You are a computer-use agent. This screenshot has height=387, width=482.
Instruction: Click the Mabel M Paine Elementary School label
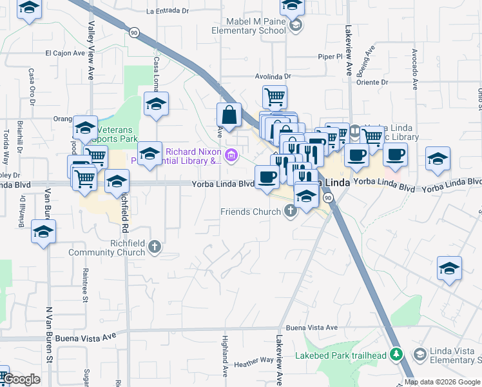250,25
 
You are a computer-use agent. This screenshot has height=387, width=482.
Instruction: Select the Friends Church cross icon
291,212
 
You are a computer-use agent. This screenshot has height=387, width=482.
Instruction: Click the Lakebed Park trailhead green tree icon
398,355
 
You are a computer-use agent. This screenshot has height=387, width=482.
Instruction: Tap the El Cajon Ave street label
65,54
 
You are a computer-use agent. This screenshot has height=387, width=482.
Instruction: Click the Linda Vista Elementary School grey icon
420,355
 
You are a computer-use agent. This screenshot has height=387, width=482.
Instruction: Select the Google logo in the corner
22,379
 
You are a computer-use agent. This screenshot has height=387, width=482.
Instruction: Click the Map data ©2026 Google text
443,382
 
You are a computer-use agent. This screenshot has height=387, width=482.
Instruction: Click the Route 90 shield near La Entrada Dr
133,32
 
